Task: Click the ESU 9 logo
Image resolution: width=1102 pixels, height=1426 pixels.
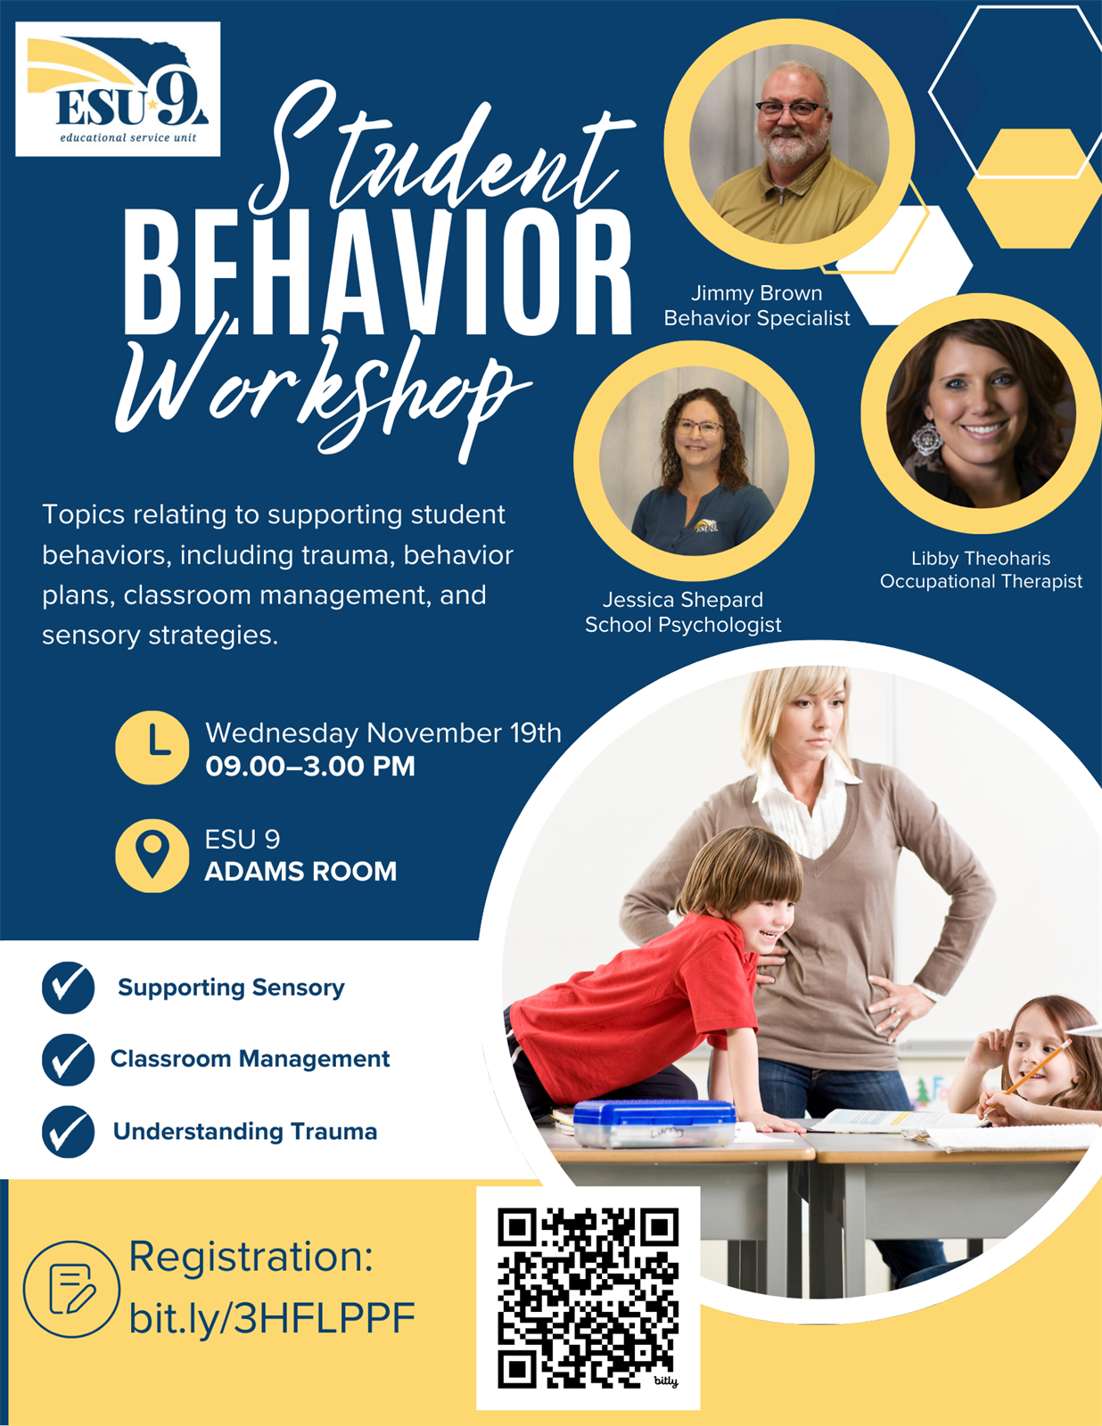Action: coord(118,89)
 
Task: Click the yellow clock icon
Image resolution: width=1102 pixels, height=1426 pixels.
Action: coord(152,748)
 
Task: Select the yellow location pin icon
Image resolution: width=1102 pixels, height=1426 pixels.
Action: coord(152,856)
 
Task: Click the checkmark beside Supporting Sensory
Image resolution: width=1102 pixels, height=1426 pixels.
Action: coord(69,988)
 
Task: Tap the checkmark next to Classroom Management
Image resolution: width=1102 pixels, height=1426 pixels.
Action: coord(69,1059)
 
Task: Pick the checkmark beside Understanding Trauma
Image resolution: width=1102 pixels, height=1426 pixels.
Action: coord(69,1131)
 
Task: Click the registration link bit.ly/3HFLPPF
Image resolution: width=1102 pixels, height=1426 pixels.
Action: coord(272,1318)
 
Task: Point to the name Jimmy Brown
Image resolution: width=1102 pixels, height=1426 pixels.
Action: coord(756,292)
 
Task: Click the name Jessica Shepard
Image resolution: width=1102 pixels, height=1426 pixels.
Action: coord(683,599)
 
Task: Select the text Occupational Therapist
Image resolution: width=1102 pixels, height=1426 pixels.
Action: coord(981,581)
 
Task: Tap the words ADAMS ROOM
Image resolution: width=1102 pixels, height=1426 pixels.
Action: coord(300,872)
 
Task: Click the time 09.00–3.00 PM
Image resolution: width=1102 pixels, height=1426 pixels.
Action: coord(309,766)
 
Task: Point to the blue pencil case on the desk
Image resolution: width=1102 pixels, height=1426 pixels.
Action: coord(654,1123)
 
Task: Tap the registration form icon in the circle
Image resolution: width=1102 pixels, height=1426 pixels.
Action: coord(72,1289)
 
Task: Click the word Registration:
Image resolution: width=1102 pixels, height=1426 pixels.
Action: coord(251,1257)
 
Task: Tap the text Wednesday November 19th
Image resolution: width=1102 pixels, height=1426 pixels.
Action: coord(383,733)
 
